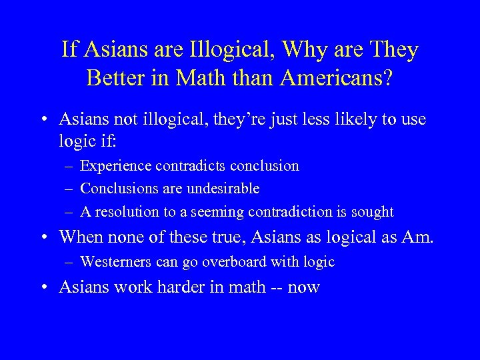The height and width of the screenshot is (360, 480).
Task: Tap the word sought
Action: (x=374, y=212)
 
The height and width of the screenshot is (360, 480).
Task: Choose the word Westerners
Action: (x=119, y=262)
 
